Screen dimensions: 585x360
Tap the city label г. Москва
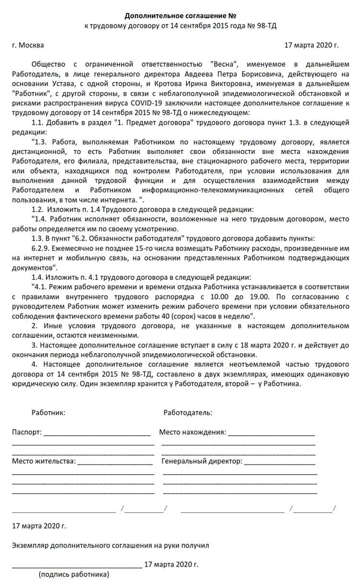[28, 45]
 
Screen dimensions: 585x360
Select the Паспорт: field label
[27, 432]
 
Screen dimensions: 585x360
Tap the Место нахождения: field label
[192, 432]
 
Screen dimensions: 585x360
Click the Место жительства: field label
[44, 461]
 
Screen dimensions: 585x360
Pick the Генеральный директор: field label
[202, 461]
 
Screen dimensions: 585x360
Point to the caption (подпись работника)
[74, 573]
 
